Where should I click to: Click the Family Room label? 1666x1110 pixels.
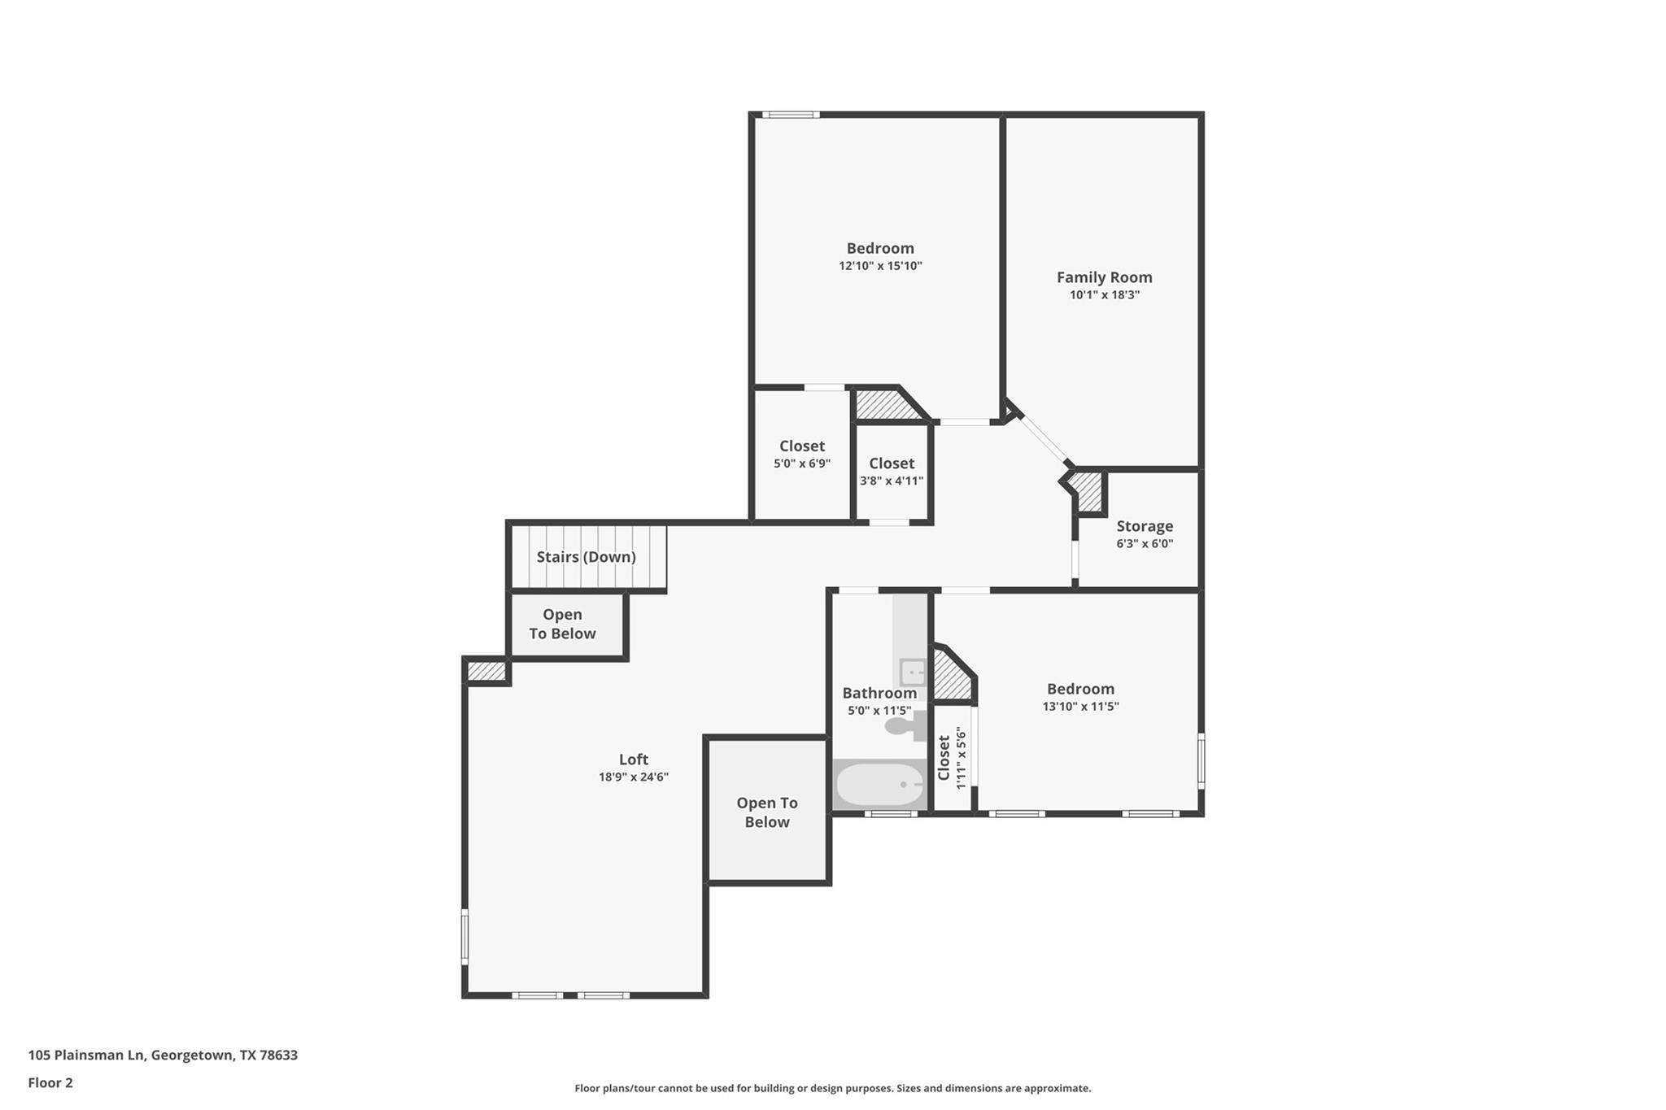1104,277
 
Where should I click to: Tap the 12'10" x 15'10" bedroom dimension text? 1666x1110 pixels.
880,266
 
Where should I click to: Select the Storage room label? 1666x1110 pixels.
1145,526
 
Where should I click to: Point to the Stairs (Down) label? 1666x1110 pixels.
586,557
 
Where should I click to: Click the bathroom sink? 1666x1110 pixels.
913,673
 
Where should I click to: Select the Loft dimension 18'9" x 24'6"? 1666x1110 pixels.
633,777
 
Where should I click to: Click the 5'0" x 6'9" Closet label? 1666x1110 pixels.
802,446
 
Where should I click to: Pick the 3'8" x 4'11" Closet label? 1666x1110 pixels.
892,464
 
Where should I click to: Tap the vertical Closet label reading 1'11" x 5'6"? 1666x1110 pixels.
953,758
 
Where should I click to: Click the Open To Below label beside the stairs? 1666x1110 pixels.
562,624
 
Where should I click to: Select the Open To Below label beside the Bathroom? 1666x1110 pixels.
766,812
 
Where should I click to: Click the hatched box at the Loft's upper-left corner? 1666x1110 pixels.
486,672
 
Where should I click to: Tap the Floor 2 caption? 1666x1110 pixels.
50,1082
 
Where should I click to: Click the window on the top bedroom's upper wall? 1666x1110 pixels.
790,115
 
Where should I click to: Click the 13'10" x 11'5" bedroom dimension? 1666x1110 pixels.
1080,707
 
